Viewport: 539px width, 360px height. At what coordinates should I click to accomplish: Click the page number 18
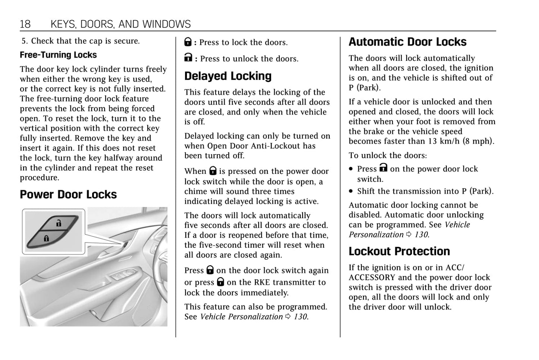[25, 24]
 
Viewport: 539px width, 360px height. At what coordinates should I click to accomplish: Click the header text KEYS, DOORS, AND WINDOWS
[120, 24]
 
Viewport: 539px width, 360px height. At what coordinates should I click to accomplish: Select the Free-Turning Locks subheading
[58, 55]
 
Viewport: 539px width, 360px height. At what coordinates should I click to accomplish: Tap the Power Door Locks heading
[68, 194]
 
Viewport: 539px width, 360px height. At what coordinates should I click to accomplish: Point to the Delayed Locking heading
[228, 76]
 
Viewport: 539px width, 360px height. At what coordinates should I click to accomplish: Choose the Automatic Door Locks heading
[407, 42]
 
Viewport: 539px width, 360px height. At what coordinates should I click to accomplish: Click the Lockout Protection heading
[399, 251]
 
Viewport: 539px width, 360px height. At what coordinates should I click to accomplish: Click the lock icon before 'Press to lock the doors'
[188, 42]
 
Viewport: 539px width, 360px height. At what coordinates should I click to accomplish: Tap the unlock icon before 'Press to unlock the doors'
[188, 58]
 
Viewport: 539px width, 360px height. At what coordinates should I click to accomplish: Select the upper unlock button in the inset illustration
[59, 223]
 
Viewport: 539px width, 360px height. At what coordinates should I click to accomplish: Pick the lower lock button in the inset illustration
[47, 238]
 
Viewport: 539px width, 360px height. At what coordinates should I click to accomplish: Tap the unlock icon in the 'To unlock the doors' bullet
[383, 168]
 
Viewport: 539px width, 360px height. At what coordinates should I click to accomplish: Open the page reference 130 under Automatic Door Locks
[421, 235]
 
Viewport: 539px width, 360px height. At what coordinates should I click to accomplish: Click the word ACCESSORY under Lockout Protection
[372, 278]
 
